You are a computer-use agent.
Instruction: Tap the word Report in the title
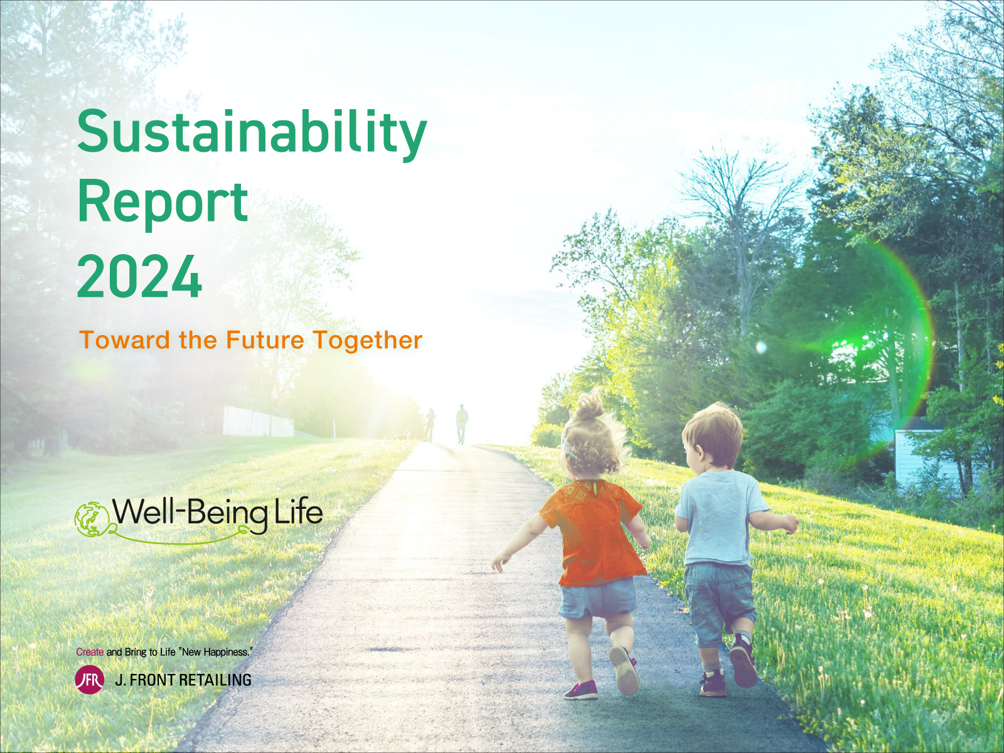(163, 202)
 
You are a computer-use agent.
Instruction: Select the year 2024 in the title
(139, 277)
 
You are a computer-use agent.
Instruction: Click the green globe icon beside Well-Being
(92, 518)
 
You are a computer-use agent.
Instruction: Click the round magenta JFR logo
(89, 680)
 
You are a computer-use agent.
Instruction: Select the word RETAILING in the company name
(215, 680)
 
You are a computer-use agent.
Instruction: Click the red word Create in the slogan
(90, 652)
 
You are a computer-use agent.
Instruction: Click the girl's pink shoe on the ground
(581, 690)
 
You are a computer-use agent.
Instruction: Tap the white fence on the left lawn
(258, 421)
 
